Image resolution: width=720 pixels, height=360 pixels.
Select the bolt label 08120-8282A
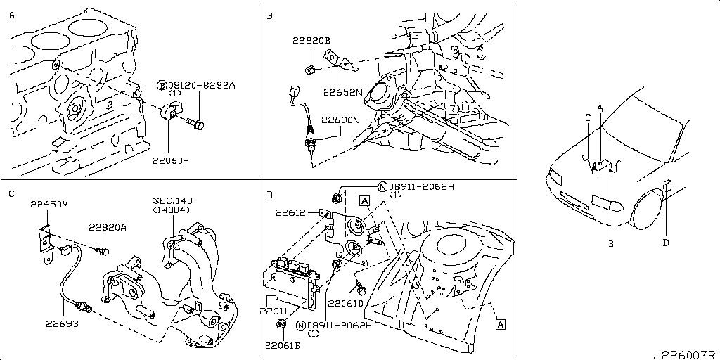[201, 85]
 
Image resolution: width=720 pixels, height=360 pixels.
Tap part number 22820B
[311, 40]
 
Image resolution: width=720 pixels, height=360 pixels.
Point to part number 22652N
[342, 91]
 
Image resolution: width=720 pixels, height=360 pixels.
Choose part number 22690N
[340, 120]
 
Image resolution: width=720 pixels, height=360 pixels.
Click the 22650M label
[49, 205]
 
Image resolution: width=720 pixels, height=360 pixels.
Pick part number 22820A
[108, 226]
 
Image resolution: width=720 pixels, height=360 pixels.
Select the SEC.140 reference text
[173, 200]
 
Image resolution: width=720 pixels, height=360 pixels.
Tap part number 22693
[62, 323]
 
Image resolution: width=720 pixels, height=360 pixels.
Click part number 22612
[291, 212]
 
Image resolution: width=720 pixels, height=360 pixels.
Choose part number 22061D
[345, 303]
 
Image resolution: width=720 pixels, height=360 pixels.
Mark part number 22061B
[282, 345]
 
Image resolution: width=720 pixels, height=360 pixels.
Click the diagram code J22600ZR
[686, 354]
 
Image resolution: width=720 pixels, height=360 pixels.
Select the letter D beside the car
[666, 243]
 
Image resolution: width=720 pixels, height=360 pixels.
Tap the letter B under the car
[611, 244]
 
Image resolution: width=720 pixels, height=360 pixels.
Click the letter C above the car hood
[587, 117]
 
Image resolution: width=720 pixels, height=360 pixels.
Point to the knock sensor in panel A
[170, 113]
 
